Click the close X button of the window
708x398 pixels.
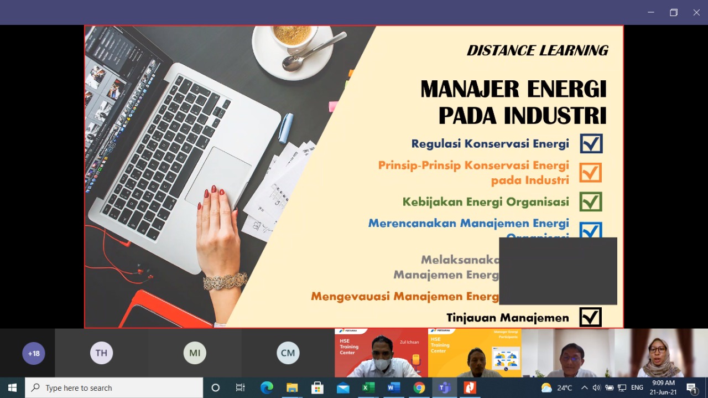[x=696, y=12]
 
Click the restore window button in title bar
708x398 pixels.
[x=673, y=12]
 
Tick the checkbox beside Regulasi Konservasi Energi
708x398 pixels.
[x=591, y=143]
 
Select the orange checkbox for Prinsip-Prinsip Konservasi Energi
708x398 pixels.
[x=591, y=172]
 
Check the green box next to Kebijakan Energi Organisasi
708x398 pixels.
[x=591, y=201]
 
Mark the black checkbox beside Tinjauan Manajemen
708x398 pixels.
[x=590, y=317]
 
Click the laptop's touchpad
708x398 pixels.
[x=218, y=175]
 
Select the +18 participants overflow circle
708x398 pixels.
[x=34, y=353]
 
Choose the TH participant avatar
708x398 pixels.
[x=101, y=353]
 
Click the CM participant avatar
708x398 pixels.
[x=288, y=353]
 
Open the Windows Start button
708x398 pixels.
[x=12, y=387]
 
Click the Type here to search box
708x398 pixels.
[x=114, y=387]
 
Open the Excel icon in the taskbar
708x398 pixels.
[x=368, y=387]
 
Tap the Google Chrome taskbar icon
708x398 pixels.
[x=419, y=387]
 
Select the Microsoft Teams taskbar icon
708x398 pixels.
[x=444, y=387]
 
